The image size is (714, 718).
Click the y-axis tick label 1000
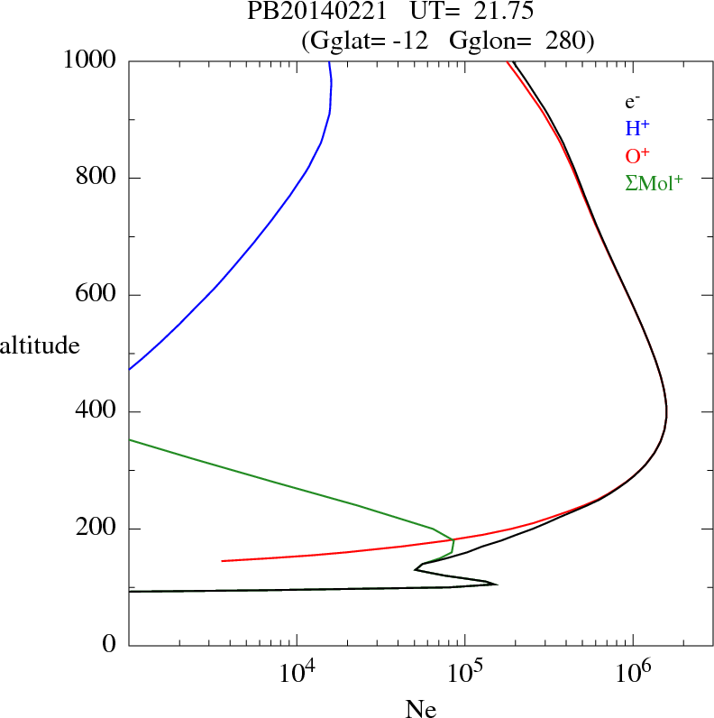click(91, 60)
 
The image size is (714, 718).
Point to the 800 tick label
click(97, 178)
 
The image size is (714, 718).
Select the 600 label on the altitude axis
click(97, 295)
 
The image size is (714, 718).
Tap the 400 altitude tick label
click(97, 412)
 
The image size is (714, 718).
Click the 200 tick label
click(97, 529)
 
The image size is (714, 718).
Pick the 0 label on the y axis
click(110, 645)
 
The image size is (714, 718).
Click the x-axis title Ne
click(420, 709)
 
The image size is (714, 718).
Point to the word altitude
click(40, 345)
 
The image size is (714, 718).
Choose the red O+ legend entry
click(637, 156)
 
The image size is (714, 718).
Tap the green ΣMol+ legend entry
click(654, 183)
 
